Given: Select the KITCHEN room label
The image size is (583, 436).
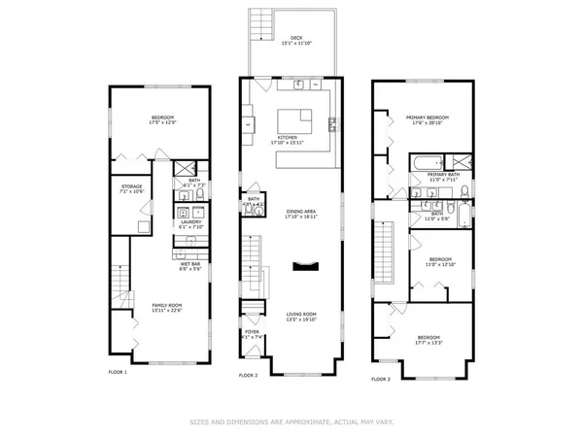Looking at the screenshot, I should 288,138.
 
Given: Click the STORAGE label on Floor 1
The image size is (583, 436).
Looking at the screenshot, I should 132,185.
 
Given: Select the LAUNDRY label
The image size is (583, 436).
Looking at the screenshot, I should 189,221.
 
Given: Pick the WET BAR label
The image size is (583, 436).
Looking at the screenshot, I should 189,263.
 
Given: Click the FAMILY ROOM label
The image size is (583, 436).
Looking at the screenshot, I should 166,306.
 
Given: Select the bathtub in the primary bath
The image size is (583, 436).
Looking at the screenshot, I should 424,161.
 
